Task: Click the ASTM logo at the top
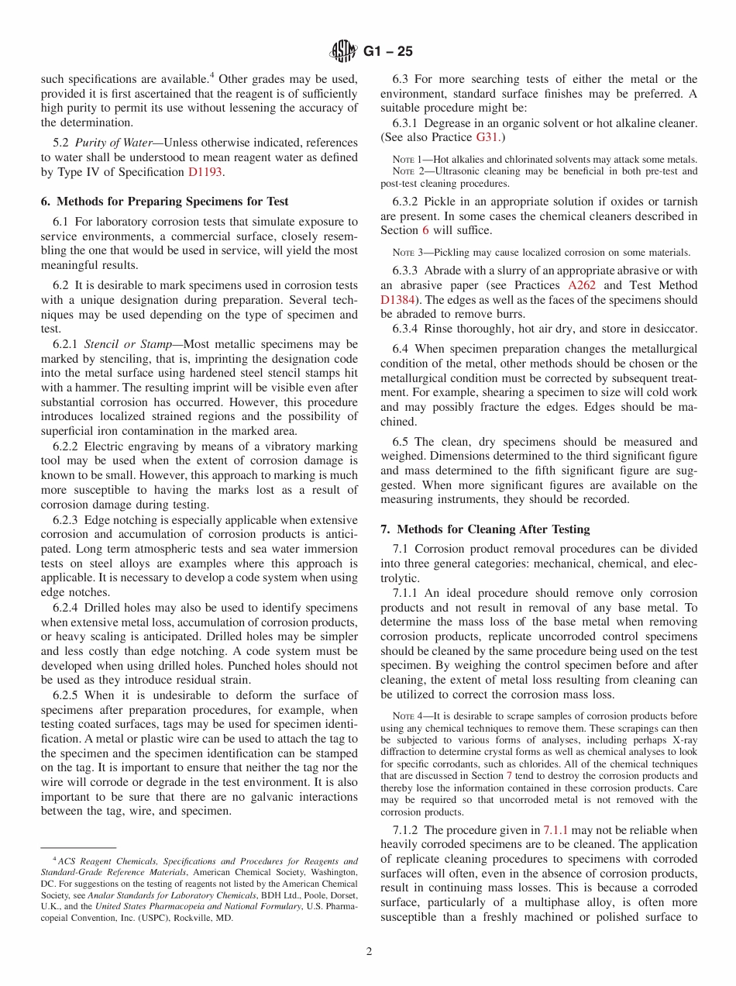coord(342,52)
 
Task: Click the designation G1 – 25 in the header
coord(387,52)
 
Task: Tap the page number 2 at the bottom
coord(369,952)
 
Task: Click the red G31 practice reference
coord(487,137)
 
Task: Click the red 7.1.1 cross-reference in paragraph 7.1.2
coord(555,829)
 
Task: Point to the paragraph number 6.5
coord(402,441)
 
